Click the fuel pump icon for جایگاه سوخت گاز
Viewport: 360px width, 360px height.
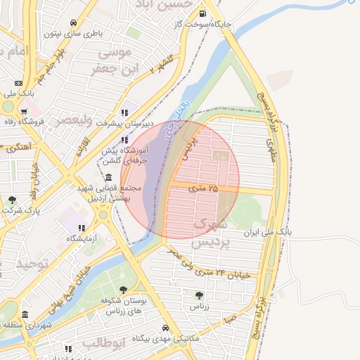pyautogui.click(x=203, y=13)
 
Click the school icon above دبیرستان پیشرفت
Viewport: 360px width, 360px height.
pyautogui.click(x=125, y=112)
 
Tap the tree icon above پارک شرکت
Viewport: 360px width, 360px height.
pyautogui.click(x=13, y=200)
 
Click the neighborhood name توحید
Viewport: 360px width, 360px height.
pyautogui.click(x=34, y=263)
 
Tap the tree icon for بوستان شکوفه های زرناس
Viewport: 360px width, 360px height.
pyautogui.click(x=123, y=290)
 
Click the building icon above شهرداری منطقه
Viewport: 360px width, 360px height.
pyautogui.click(x=25, y=314)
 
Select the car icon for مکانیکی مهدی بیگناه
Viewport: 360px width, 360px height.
pyautogui.click(x=165, y=328)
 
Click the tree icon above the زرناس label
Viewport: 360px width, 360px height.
pyautogui.click(x=198, y=296)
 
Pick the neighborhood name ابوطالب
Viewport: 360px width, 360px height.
pyautogui.click(x=103, y=343)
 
